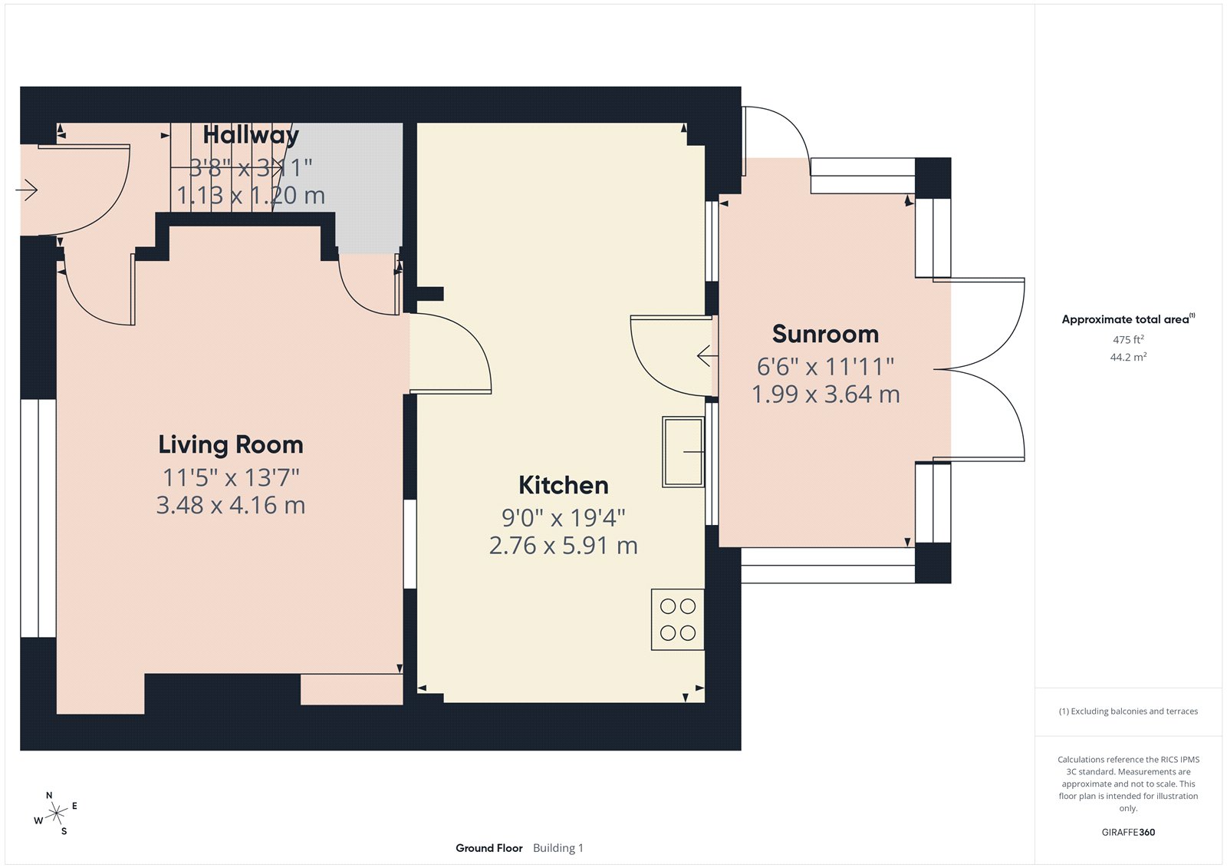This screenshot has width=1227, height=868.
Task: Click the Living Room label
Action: (231, 444)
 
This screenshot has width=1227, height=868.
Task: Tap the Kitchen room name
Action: (564, 485)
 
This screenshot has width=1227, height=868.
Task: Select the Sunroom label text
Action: (825, 334)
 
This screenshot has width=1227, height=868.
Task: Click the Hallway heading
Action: (251, 135)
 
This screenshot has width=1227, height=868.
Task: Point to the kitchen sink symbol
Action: (683, 452)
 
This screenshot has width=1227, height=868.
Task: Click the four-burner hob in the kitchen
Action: (677, 619)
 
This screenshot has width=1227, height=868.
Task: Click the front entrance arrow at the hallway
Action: (27, 190)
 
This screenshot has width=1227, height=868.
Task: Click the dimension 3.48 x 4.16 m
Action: (231, 505)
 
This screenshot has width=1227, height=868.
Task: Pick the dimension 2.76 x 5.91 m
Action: (564, 546)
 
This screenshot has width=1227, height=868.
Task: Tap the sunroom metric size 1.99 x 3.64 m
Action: (825, 394)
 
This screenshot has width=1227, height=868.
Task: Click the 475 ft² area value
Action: (1128, 339)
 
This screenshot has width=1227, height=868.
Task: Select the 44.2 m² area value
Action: (1128, 357)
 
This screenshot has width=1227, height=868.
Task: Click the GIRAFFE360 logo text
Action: (1128, 832)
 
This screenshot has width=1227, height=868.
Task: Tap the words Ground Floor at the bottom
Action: (488, 848)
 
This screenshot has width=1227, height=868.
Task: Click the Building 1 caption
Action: (558, 848)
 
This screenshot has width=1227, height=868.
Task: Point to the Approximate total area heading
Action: (1125, 319)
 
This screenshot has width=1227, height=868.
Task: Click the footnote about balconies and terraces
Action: (1128, 711)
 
